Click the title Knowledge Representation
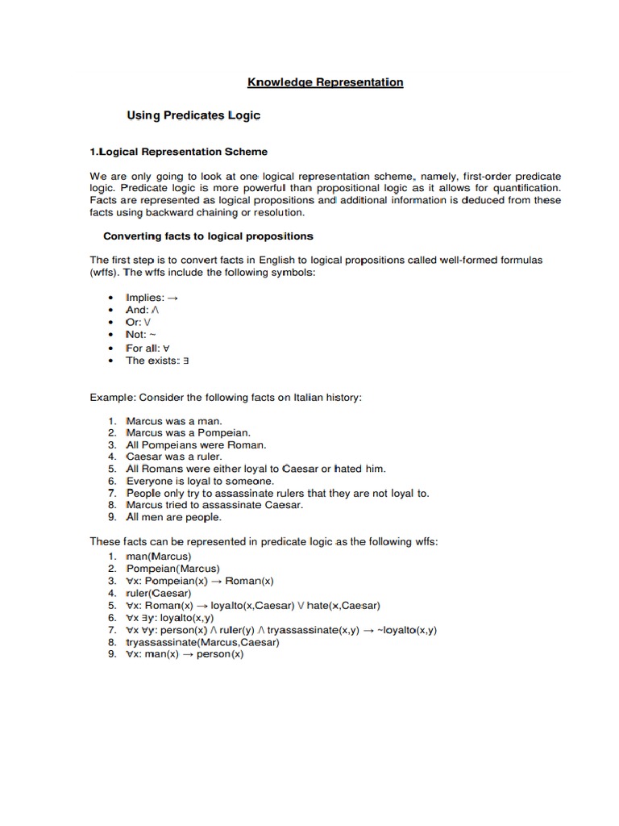[x=325, y=82]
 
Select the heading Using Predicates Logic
[x=193, y=115]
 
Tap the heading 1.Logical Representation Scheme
[x=178, y=152]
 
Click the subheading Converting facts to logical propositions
[x=208, y=236]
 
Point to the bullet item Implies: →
[x=152, y=298]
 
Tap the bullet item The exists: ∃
[x=156, y=361]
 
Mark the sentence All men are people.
[x=174, y=517]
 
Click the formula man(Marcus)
[x=160, y=557]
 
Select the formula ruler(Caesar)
[x=159, y=593]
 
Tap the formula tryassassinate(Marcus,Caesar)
[x=202, y=642]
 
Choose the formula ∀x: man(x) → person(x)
[x=185, y=654]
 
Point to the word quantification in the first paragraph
[x=526, y=188]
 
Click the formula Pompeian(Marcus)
[x=172, y=569]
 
